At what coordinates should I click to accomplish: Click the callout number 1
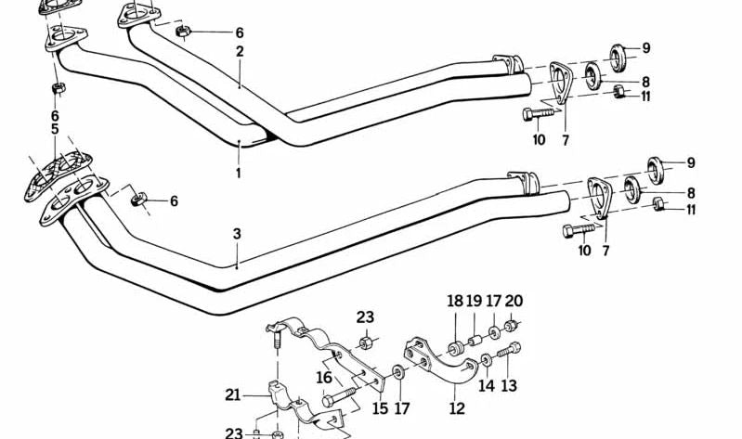coord(238,173)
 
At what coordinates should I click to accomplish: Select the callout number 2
coord(240,52)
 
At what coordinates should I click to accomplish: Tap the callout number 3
coord(237,233)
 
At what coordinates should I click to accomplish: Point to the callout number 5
coord(55,129)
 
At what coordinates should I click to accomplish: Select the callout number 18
coord(454,301)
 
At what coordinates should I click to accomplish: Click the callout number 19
coord(474,301)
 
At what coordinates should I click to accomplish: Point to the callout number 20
coord(514,301)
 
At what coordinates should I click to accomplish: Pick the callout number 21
coord(232,394)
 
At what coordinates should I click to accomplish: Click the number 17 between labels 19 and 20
coord(494,301)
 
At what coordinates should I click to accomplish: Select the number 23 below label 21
coord(233,432)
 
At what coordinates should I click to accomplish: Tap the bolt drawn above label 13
coord(509,354)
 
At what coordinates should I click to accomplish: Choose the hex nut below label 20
coord(512,327)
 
